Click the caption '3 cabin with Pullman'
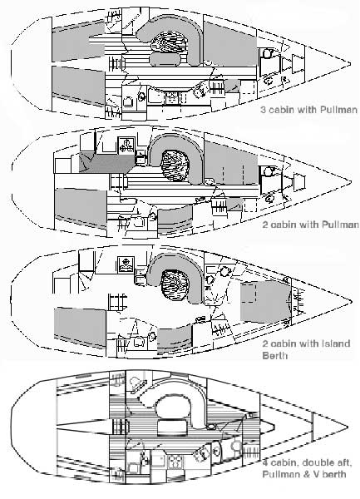pos(307,109)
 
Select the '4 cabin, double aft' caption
pos(307,463)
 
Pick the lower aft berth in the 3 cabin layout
pos(79,83)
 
